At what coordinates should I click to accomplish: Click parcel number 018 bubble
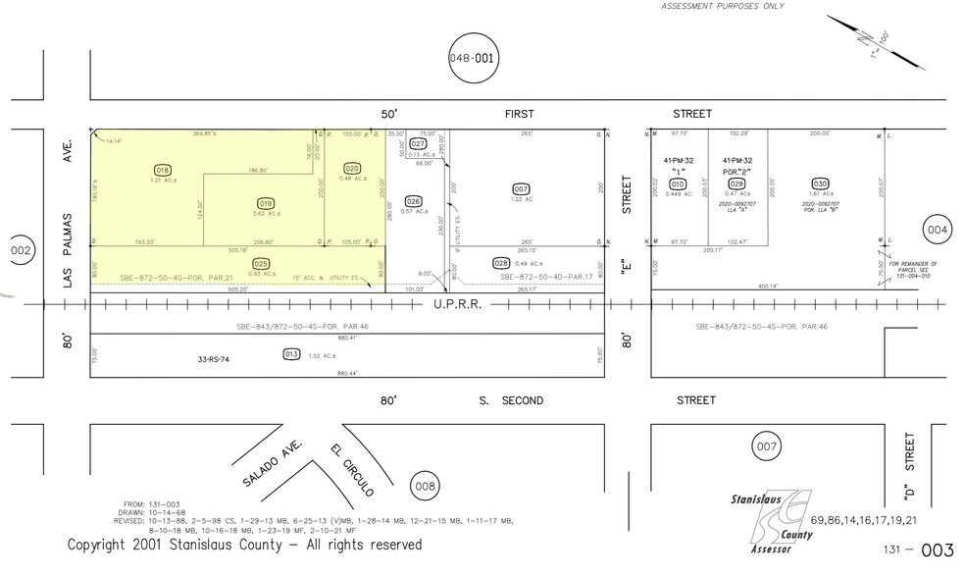(163, 169)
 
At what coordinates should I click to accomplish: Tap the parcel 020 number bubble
(352, 168)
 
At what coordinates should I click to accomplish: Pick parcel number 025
(261, 263)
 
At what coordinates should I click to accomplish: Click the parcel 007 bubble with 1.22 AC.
(521, 188)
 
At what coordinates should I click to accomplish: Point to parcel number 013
(290, 354)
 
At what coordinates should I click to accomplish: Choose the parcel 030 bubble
(820, 183)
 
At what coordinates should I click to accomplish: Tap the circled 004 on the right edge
(937, 230)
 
